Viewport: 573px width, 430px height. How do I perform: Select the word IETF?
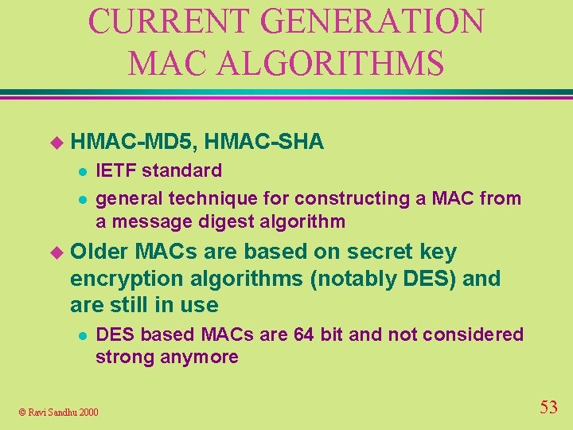click(x=115, y=170)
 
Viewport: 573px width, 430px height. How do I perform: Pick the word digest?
click(x=227, y=221)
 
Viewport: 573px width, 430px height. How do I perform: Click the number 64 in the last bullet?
click(x=304, y=334)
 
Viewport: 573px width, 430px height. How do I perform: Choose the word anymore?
click(x=201, y=357)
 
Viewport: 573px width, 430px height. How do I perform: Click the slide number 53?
click(x=548, y=408)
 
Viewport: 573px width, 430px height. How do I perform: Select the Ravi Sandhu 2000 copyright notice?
click(x=59, y=412)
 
